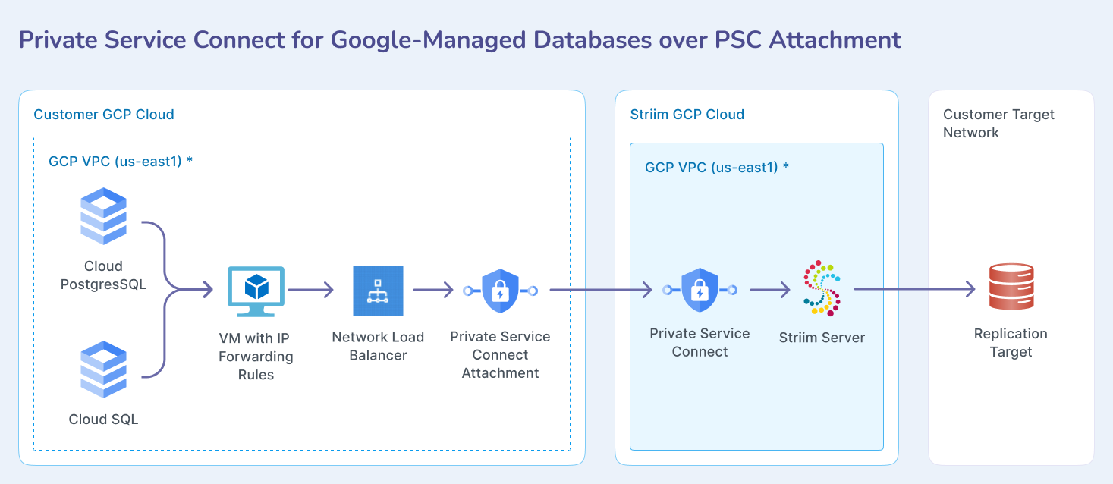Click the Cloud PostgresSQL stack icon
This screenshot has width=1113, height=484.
point(103,216)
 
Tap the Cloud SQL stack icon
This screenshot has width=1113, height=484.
point(103,369)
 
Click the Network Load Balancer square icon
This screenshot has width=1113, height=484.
point(378,291)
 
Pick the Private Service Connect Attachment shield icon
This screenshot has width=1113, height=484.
point(500,290)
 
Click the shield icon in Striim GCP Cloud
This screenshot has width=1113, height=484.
point(700,290)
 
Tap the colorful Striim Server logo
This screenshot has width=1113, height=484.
point(822,288)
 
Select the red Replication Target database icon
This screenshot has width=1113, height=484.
point(1011,286)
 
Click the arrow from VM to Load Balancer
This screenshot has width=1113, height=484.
point(311,289)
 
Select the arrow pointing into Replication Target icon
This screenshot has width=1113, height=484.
point(914,289)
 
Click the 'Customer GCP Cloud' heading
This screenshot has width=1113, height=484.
point(104,115)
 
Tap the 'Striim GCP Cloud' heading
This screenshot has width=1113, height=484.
point(687,115)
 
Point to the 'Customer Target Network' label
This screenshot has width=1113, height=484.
point(998,123)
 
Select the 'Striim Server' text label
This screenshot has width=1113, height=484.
point(822,338)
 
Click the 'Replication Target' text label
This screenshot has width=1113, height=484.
point(1011,343)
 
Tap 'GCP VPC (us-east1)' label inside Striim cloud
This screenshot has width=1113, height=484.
point(712,167)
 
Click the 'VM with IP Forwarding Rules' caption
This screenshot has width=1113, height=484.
point(256,356)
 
